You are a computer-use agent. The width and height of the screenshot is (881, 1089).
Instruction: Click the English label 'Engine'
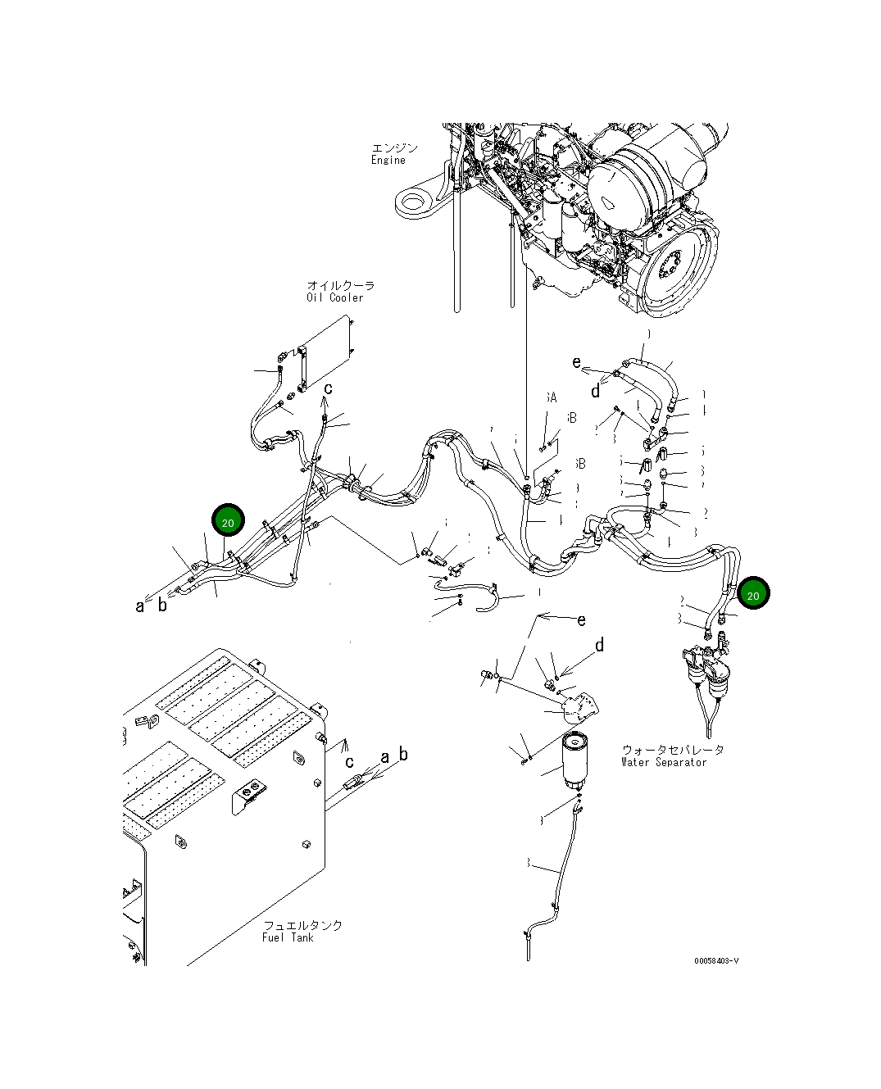[388, 161]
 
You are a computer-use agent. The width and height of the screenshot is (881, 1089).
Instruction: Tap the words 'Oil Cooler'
[334, 297]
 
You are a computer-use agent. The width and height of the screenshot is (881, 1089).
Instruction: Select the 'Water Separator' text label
[663, 762]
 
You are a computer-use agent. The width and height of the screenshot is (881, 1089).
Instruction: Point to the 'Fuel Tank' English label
[288, 937]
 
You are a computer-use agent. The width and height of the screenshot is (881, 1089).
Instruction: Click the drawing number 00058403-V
[715, 961]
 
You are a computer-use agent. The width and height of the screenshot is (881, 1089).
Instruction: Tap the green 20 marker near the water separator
[753, 594]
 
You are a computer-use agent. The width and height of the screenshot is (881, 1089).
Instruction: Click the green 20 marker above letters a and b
[229, 520]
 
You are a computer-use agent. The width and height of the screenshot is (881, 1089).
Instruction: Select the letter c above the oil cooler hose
[328, 388]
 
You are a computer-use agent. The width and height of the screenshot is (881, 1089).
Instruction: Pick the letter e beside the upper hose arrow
[577, 362]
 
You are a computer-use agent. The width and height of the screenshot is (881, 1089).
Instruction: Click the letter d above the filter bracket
[600, 646]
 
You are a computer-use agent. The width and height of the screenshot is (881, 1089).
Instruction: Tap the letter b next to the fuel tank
[402, 754]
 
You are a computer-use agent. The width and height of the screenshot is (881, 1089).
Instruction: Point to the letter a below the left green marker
[140, 606]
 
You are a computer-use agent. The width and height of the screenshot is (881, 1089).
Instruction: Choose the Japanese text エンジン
[394, 148]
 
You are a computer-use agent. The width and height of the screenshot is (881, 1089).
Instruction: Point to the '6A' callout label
[551, 397]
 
